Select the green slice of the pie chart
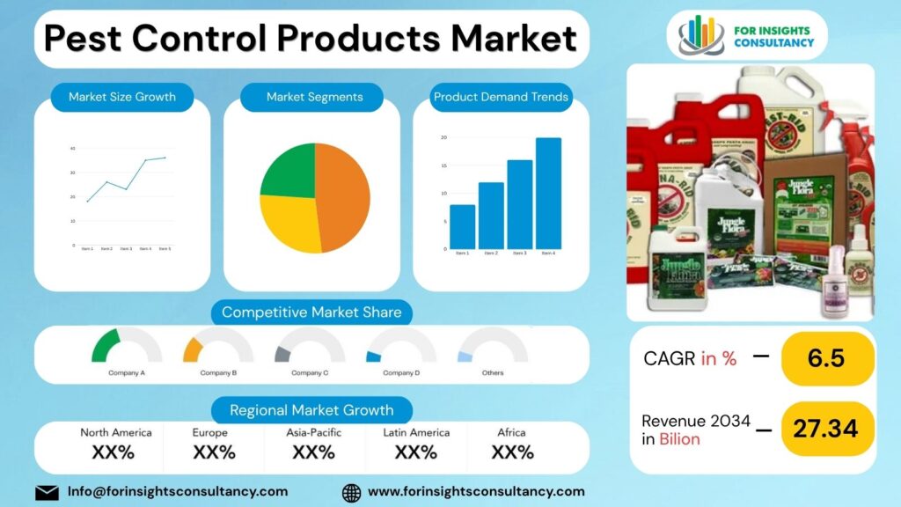[x=289, y=171]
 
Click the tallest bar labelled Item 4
[x=548, y=194]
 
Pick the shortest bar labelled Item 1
[x=462, y=226]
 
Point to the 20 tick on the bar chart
[x=443, y=137]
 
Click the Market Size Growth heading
[x=122, y=97]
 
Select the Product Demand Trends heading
[x=501, y=97]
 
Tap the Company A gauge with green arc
[x=126, y=347]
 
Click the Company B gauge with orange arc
[x=217, y=347]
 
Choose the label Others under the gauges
[x=493, y=373]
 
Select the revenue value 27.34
[x=825, y=429]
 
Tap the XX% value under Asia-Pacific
[x=313, y=452]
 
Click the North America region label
[x=116, y=432]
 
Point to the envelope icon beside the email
[x=47, y=492]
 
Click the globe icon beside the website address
[x=351, y=492]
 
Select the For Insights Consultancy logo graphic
[x=700, y=35]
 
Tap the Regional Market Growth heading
[x=311, y=410]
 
